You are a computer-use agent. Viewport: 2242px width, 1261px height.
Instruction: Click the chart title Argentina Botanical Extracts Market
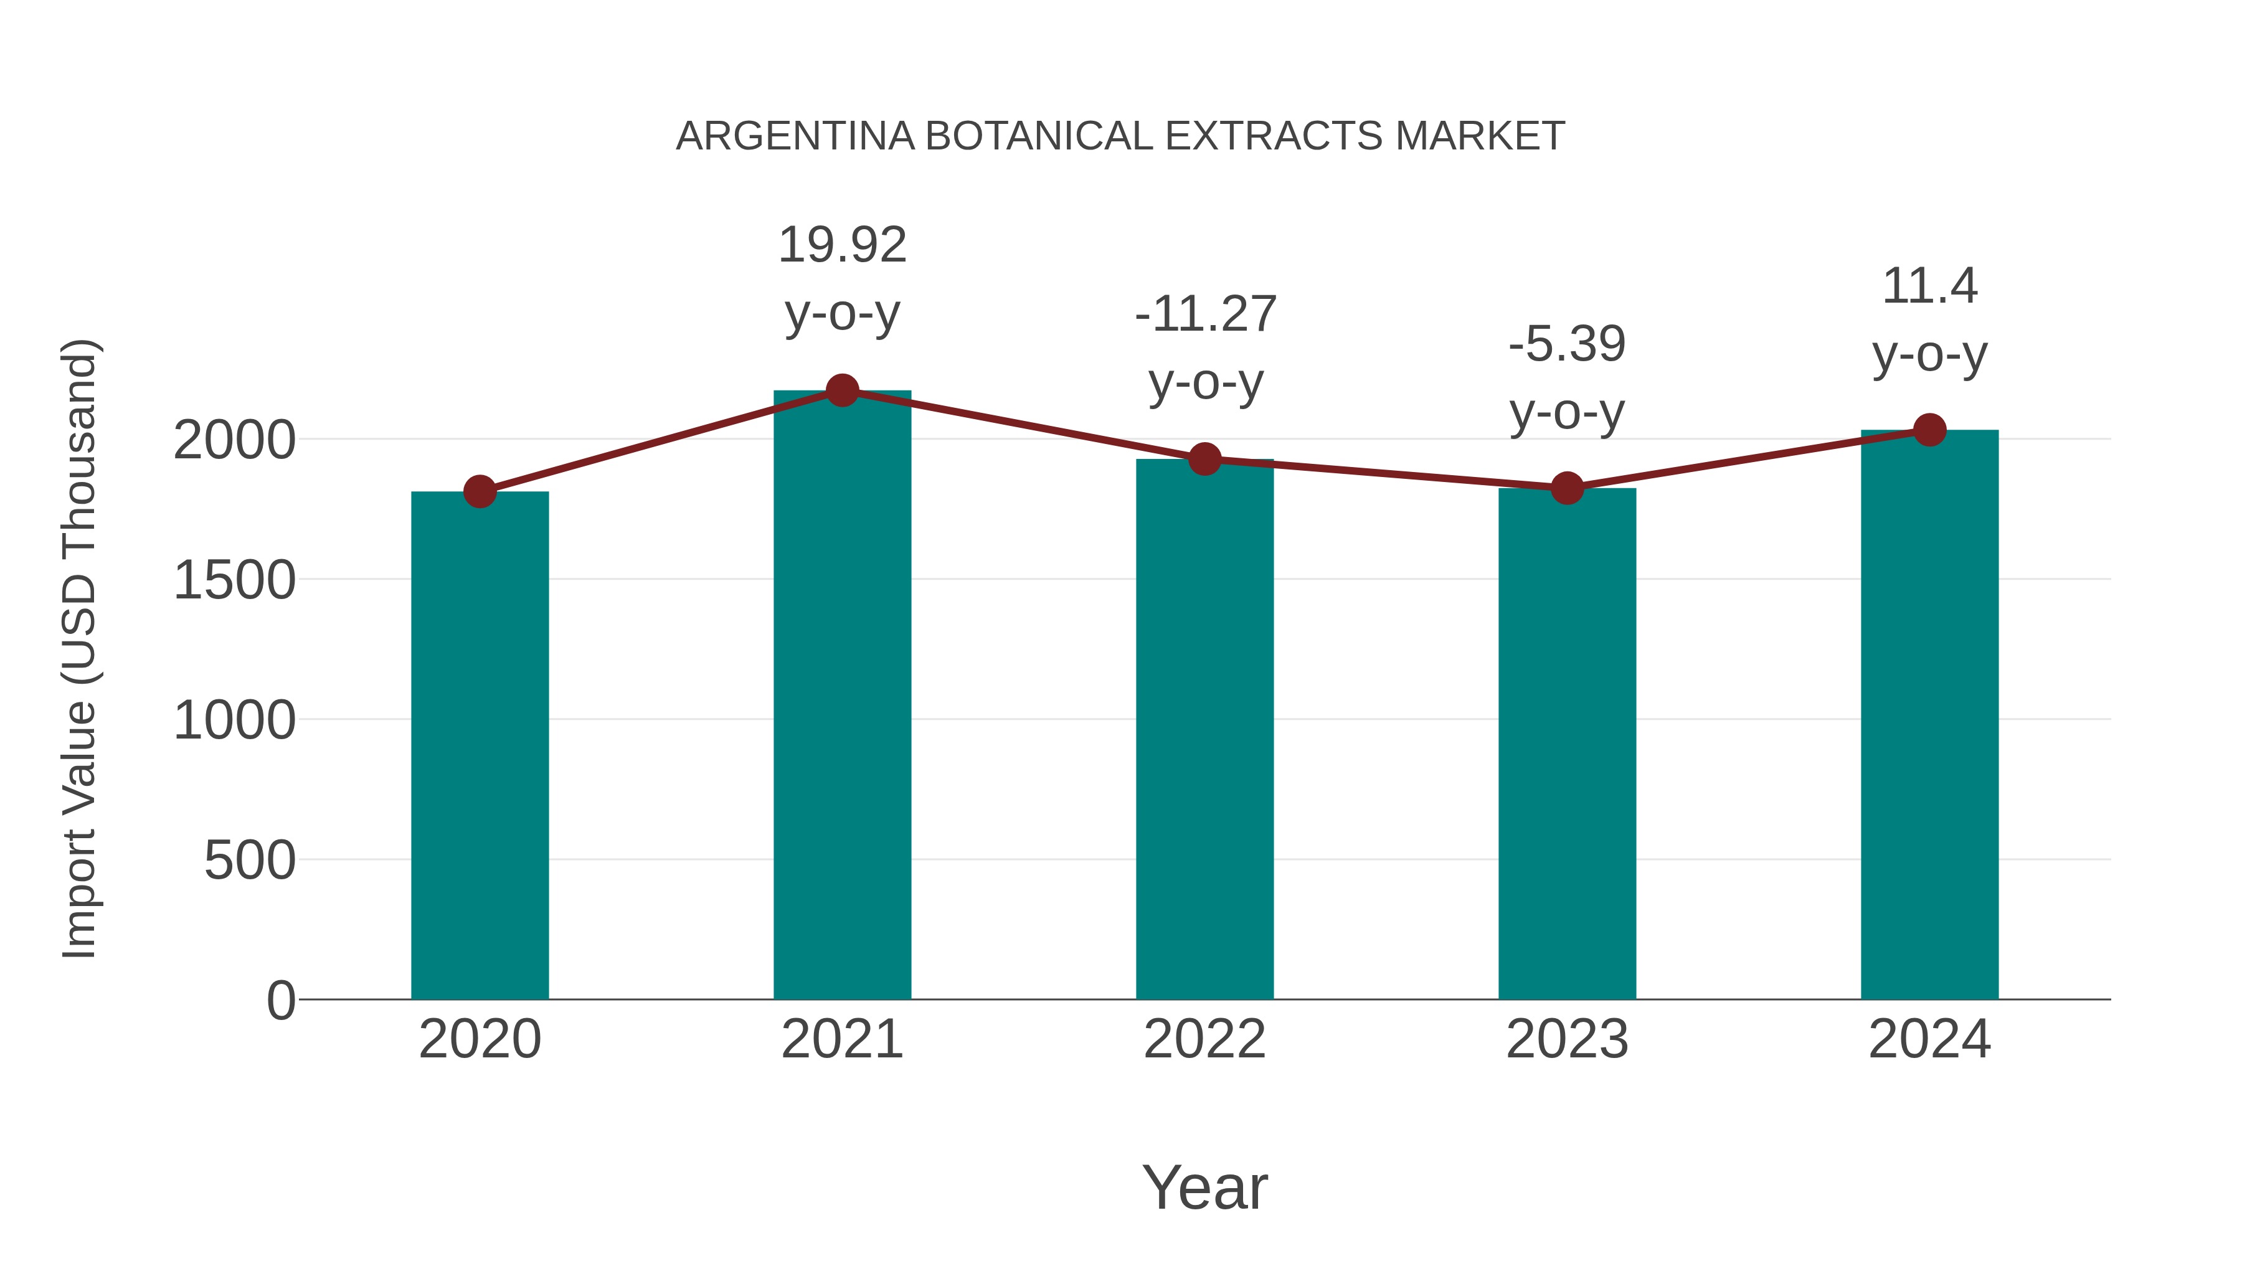(x=1120, y=136)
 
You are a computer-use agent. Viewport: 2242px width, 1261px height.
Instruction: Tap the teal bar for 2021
(x=841, y=696)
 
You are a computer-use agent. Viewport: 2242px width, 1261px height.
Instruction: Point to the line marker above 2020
(x=480, y=492)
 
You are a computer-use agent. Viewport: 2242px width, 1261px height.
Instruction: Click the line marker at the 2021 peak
(x=841, y=390)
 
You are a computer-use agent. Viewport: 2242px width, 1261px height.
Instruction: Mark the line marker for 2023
(x=1567, y=488)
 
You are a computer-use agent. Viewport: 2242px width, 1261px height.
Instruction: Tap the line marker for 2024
(x=1929, y=430)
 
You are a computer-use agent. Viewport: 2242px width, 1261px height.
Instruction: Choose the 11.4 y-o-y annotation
(x=1929, y=319)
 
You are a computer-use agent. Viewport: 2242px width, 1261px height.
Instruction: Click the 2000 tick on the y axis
(x=234, y=440)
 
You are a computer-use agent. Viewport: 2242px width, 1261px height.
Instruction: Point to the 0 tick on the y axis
(x=280, y=1000)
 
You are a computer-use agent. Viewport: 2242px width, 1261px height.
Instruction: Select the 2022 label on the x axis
(x=1204, y=1039)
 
